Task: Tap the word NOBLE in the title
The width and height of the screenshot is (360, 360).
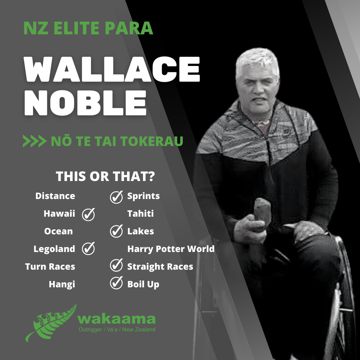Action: click(85, 102)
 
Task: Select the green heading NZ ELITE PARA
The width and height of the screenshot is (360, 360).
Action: click(88, 29)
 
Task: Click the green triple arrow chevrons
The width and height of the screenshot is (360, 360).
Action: click(34, 141)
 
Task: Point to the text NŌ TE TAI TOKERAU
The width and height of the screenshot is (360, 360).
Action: click(117, 141)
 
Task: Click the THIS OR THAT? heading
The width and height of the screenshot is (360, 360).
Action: click(105, 177)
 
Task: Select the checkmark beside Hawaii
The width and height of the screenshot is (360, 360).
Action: click(88, 214)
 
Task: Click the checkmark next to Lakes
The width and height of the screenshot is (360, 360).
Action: click(116, 231)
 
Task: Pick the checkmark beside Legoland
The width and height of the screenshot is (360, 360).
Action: click(88, 249)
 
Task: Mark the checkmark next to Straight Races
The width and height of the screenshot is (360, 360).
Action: click(116, 266)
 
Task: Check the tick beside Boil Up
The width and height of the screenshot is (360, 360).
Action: click(116, 284)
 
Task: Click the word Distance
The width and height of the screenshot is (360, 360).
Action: click(55, 196)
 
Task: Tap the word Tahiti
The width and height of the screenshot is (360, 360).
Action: click(140, 214)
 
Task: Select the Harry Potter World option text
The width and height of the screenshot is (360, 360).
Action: click(171, 249)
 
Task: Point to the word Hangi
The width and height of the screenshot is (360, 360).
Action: click(62, 284)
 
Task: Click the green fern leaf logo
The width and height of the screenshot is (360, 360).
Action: click(50, 322)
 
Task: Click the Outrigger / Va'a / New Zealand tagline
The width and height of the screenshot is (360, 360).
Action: click(117, 330)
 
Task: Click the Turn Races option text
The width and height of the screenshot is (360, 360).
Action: click(50, 267)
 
